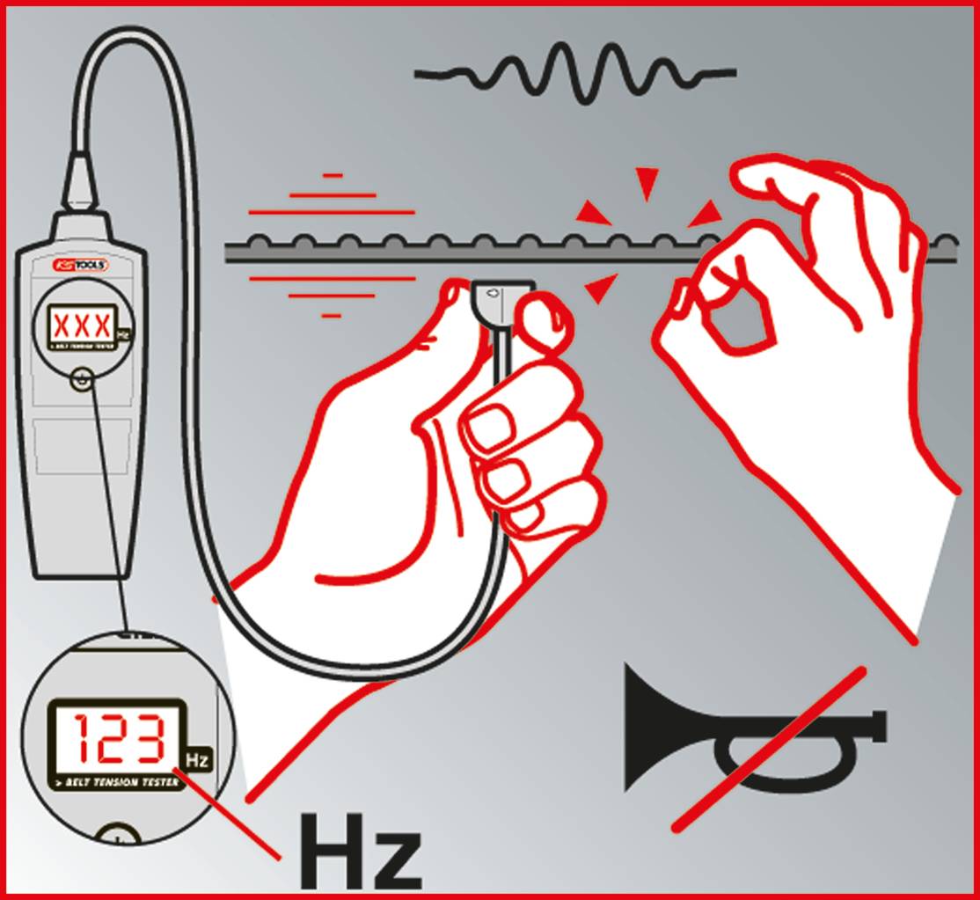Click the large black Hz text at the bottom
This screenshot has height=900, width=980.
point(359,852)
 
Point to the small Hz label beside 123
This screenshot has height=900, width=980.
point(198,759)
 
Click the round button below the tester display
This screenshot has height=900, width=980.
point(81,381)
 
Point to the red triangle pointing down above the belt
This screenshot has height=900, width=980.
point(647,183)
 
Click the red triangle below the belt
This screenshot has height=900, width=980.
point(601,287)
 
